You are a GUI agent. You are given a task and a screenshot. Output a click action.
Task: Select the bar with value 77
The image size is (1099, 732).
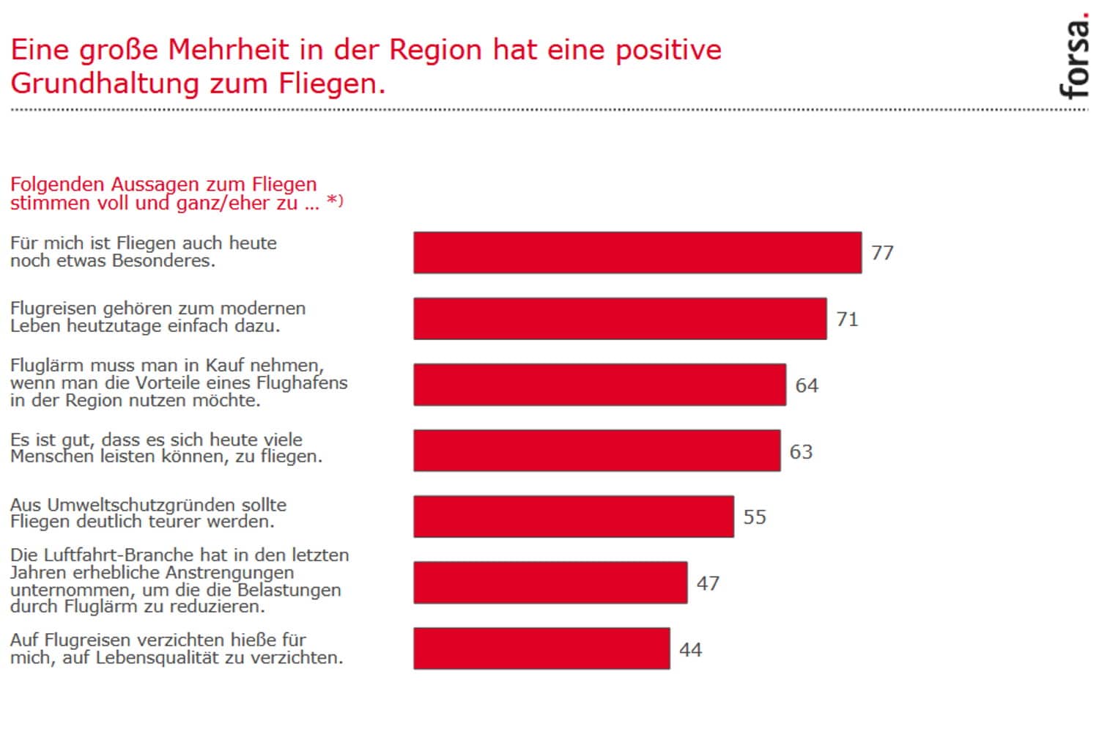click(x=637, y=253)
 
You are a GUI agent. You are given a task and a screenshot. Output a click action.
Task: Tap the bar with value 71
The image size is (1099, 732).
click(x=620, y=319)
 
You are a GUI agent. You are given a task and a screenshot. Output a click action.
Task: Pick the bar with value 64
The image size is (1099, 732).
click(x=599, y=385)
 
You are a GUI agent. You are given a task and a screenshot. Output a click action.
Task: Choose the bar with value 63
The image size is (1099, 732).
click(x=596, y=451)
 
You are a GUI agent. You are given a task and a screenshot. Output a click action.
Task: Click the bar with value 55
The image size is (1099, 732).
click(x=574, y=517)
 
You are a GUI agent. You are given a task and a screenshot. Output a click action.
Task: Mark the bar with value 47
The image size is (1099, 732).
click(x=550, y=583)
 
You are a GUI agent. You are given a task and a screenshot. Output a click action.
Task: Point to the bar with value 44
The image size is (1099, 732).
click(x=541, y=648)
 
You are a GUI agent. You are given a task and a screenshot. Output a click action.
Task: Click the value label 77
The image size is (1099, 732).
click(x=882, y=253)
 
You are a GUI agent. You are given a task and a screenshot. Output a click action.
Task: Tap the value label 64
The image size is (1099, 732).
click(x=807, y=385)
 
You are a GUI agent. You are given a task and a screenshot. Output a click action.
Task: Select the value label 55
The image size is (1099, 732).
click(x=755, y=517)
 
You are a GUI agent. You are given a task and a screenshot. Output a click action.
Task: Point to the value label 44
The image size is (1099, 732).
click(x=690, y=650)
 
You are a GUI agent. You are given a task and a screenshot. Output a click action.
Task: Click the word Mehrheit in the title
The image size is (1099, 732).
click(x=229, y=50)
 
